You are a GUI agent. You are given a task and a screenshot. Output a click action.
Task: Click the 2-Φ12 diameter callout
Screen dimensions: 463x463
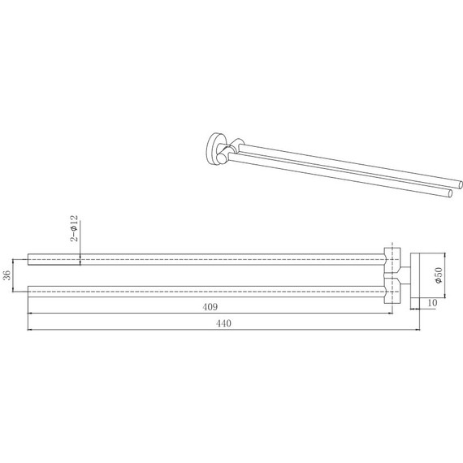click(74, 228)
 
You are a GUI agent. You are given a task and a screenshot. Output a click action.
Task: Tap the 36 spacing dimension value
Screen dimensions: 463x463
click(7, 275)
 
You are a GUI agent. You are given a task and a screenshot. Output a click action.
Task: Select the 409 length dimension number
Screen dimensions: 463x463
click(210, 307)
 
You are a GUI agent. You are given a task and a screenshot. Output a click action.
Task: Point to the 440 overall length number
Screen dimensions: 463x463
click(223, 323)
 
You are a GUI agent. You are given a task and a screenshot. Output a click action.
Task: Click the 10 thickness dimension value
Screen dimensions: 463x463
click(432, 303)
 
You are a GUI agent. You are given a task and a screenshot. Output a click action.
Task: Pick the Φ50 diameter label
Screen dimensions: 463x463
click(439, 275)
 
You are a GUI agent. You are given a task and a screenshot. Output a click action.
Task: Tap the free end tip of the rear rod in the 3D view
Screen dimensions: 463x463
click(461, 184)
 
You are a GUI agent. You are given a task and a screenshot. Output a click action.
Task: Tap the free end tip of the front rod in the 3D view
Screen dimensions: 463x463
click(450, 193)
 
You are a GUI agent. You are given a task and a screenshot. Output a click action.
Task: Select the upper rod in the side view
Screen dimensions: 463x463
click(206, 259)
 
